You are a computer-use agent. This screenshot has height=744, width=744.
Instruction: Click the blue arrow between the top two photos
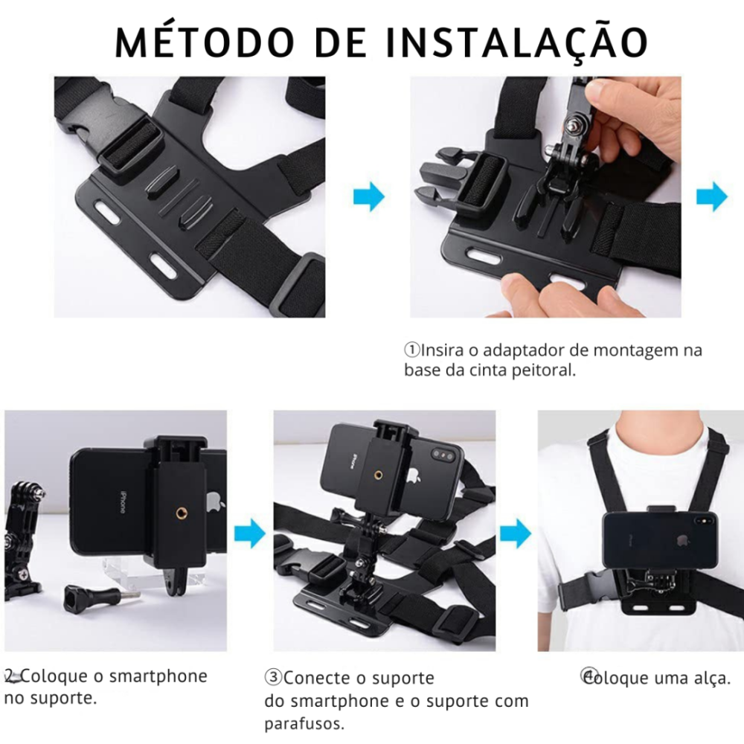369,196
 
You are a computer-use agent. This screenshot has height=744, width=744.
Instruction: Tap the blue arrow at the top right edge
712,196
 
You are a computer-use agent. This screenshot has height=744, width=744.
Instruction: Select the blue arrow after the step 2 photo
249,533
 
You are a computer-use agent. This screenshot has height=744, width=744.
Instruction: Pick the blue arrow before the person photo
516,533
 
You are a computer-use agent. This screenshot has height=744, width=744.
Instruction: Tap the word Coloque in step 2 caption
54,676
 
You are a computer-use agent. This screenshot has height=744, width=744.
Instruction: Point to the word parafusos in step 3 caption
304,724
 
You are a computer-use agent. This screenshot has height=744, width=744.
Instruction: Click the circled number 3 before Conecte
273,677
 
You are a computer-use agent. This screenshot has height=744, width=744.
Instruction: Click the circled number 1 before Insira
412,350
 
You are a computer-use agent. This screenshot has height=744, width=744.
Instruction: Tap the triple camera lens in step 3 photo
442,456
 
